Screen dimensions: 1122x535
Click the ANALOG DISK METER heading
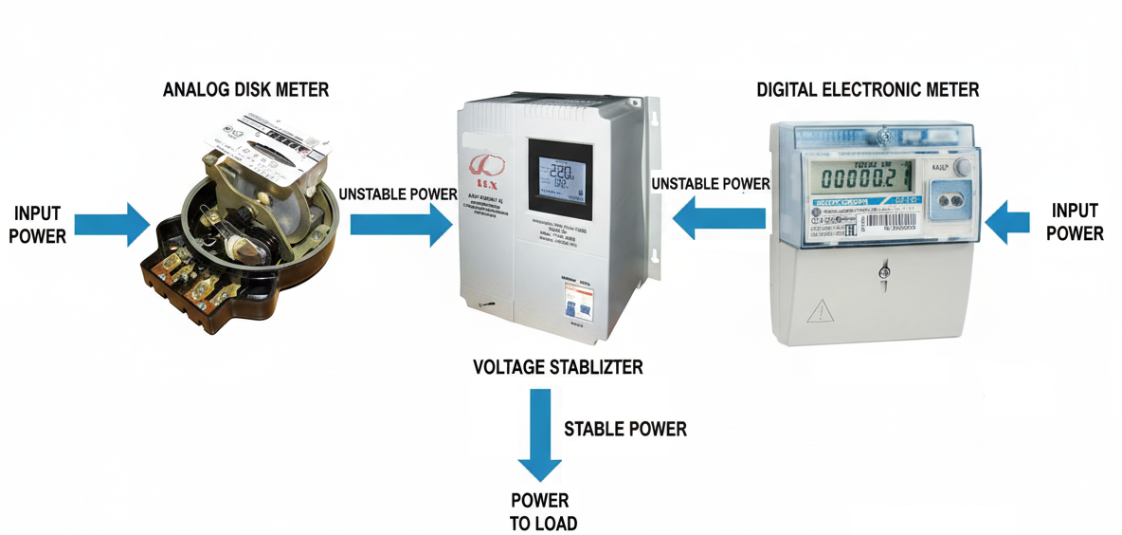click(x=245, y=90)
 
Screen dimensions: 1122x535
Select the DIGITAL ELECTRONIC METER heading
click(x=867, y=90)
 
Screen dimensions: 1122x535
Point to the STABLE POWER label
click(x=624, y=429)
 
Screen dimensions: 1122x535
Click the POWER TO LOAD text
click(x=542, y=511)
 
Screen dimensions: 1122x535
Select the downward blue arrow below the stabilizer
click(x=540, y=441)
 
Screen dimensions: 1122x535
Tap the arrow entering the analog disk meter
click(x=111, y=224)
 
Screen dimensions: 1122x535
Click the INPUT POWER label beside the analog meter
click(x=38, y=224)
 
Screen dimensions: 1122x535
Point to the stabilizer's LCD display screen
click(x=559, y=179)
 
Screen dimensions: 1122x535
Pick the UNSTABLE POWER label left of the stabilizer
click(x=398, y=194)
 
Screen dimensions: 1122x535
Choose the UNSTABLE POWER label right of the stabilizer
click(x=711, y=183)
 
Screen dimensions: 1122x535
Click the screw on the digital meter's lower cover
click(x=883, y=273)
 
